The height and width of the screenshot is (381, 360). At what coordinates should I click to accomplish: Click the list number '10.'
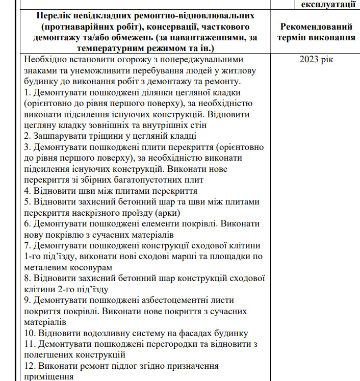click(31, 334)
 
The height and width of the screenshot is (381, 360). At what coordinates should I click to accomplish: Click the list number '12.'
click(31, 366)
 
